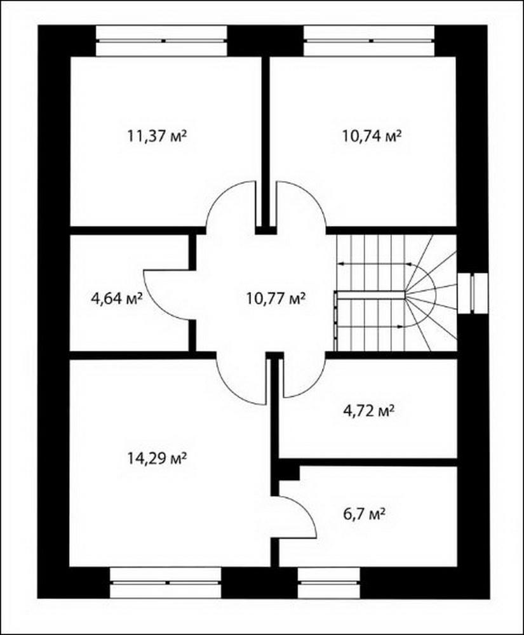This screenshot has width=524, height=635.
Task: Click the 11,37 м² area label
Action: [157, 136]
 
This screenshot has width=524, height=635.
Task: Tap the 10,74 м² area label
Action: [372, 136]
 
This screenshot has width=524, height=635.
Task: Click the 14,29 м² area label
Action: [157, 458]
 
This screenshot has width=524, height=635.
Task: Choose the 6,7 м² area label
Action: [364, 515]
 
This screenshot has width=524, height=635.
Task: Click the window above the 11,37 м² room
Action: [161, 41]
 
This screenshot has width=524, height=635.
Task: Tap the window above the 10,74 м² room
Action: [369, 41]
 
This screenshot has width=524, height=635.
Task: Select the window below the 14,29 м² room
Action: [166, 583]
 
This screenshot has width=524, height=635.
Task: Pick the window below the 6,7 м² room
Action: [329, 583]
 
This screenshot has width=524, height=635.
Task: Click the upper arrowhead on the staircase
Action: [340, 264]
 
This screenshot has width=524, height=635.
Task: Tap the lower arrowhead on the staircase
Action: [401, 326]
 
